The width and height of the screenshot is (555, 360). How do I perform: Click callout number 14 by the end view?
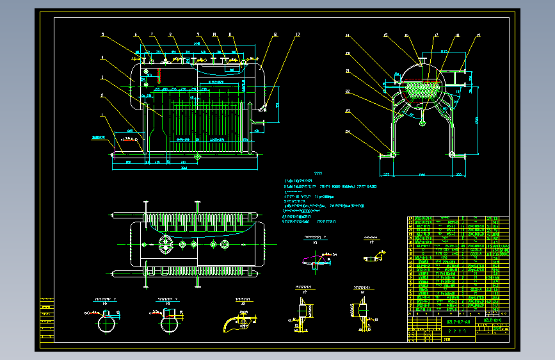click(348, 35)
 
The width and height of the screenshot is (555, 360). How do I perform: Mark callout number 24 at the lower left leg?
click(348, 132)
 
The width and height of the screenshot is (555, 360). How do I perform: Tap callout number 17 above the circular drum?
click(437, 35)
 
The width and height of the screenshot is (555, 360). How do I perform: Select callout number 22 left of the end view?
click(348, 92)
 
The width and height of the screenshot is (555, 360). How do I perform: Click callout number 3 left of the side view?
click(101, 77)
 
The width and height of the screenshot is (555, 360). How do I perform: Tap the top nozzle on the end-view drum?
click(422, 61)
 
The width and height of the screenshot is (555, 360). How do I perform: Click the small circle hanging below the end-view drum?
click(422, 123)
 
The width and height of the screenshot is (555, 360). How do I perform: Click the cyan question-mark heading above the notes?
click(318, 174)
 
